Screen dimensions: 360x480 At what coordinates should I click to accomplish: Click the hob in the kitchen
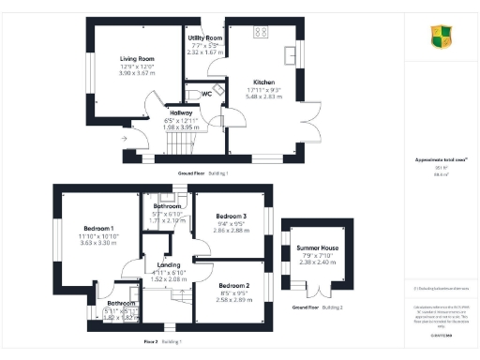pos(261,32)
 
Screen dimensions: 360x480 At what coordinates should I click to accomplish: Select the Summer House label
pos(317,248)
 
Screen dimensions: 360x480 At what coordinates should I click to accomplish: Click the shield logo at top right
pos(441,37)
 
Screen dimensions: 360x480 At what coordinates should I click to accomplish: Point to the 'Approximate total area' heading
pos(436,161)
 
